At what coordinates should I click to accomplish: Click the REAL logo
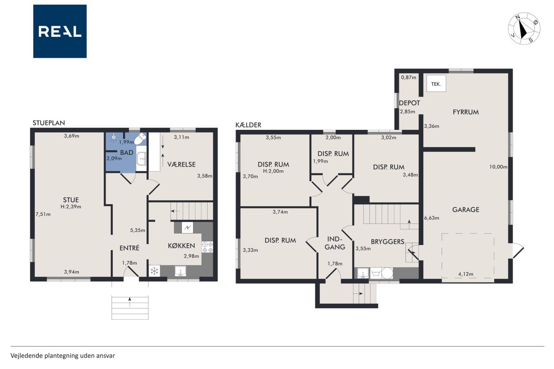coord(60,31)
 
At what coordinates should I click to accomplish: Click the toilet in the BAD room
coord(141,138)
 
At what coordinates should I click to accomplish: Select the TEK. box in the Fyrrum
coord(436,84)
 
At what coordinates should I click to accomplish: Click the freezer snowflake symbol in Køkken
coord(155,271)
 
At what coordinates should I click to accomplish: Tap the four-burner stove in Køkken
coord(207,247)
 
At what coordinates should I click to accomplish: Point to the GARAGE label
coord(466,209)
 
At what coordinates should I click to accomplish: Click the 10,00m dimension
coord(498,167)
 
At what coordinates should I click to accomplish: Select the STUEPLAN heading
coord(49,123)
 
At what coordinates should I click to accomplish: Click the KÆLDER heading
coord(248,125)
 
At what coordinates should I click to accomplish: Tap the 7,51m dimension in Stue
coord(43,214)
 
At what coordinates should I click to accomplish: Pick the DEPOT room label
coord(409,103)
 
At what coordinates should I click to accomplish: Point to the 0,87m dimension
coord(409,77)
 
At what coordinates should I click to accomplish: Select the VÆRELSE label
coord(181,164)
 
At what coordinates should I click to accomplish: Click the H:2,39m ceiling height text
coord(71,207)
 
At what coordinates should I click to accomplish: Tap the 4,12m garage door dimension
coord(466,274)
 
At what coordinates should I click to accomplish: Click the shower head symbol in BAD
coord(114,138)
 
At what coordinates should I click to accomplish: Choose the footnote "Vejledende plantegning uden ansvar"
coord(63,356)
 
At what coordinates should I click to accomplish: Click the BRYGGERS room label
coord(387,241)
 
